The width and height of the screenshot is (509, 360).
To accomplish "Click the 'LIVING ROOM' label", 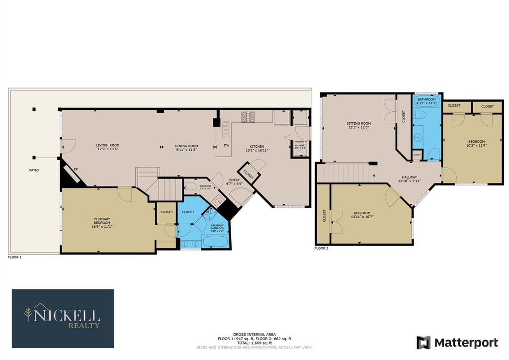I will click(108, 145).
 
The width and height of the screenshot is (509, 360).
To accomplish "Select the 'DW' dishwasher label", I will click(226, 145).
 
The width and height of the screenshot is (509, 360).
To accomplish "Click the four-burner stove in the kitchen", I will click(248, 117).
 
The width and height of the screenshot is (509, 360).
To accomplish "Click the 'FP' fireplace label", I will click(76, 169).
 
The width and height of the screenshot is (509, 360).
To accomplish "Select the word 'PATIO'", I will click(33, 170).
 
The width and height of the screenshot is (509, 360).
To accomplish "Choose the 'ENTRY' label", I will click(234, 180).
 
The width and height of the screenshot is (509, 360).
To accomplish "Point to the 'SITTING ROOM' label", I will click(358, 123).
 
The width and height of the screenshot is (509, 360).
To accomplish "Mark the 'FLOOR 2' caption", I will click(321, 248).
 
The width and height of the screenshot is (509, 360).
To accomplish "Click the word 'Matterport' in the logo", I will click(466, 342).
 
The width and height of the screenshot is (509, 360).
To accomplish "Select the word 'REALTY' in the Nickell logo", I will click(84, 326).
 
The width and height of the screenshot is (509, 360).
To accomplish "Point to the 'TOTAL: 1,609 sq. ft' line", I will click(254, 343).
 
